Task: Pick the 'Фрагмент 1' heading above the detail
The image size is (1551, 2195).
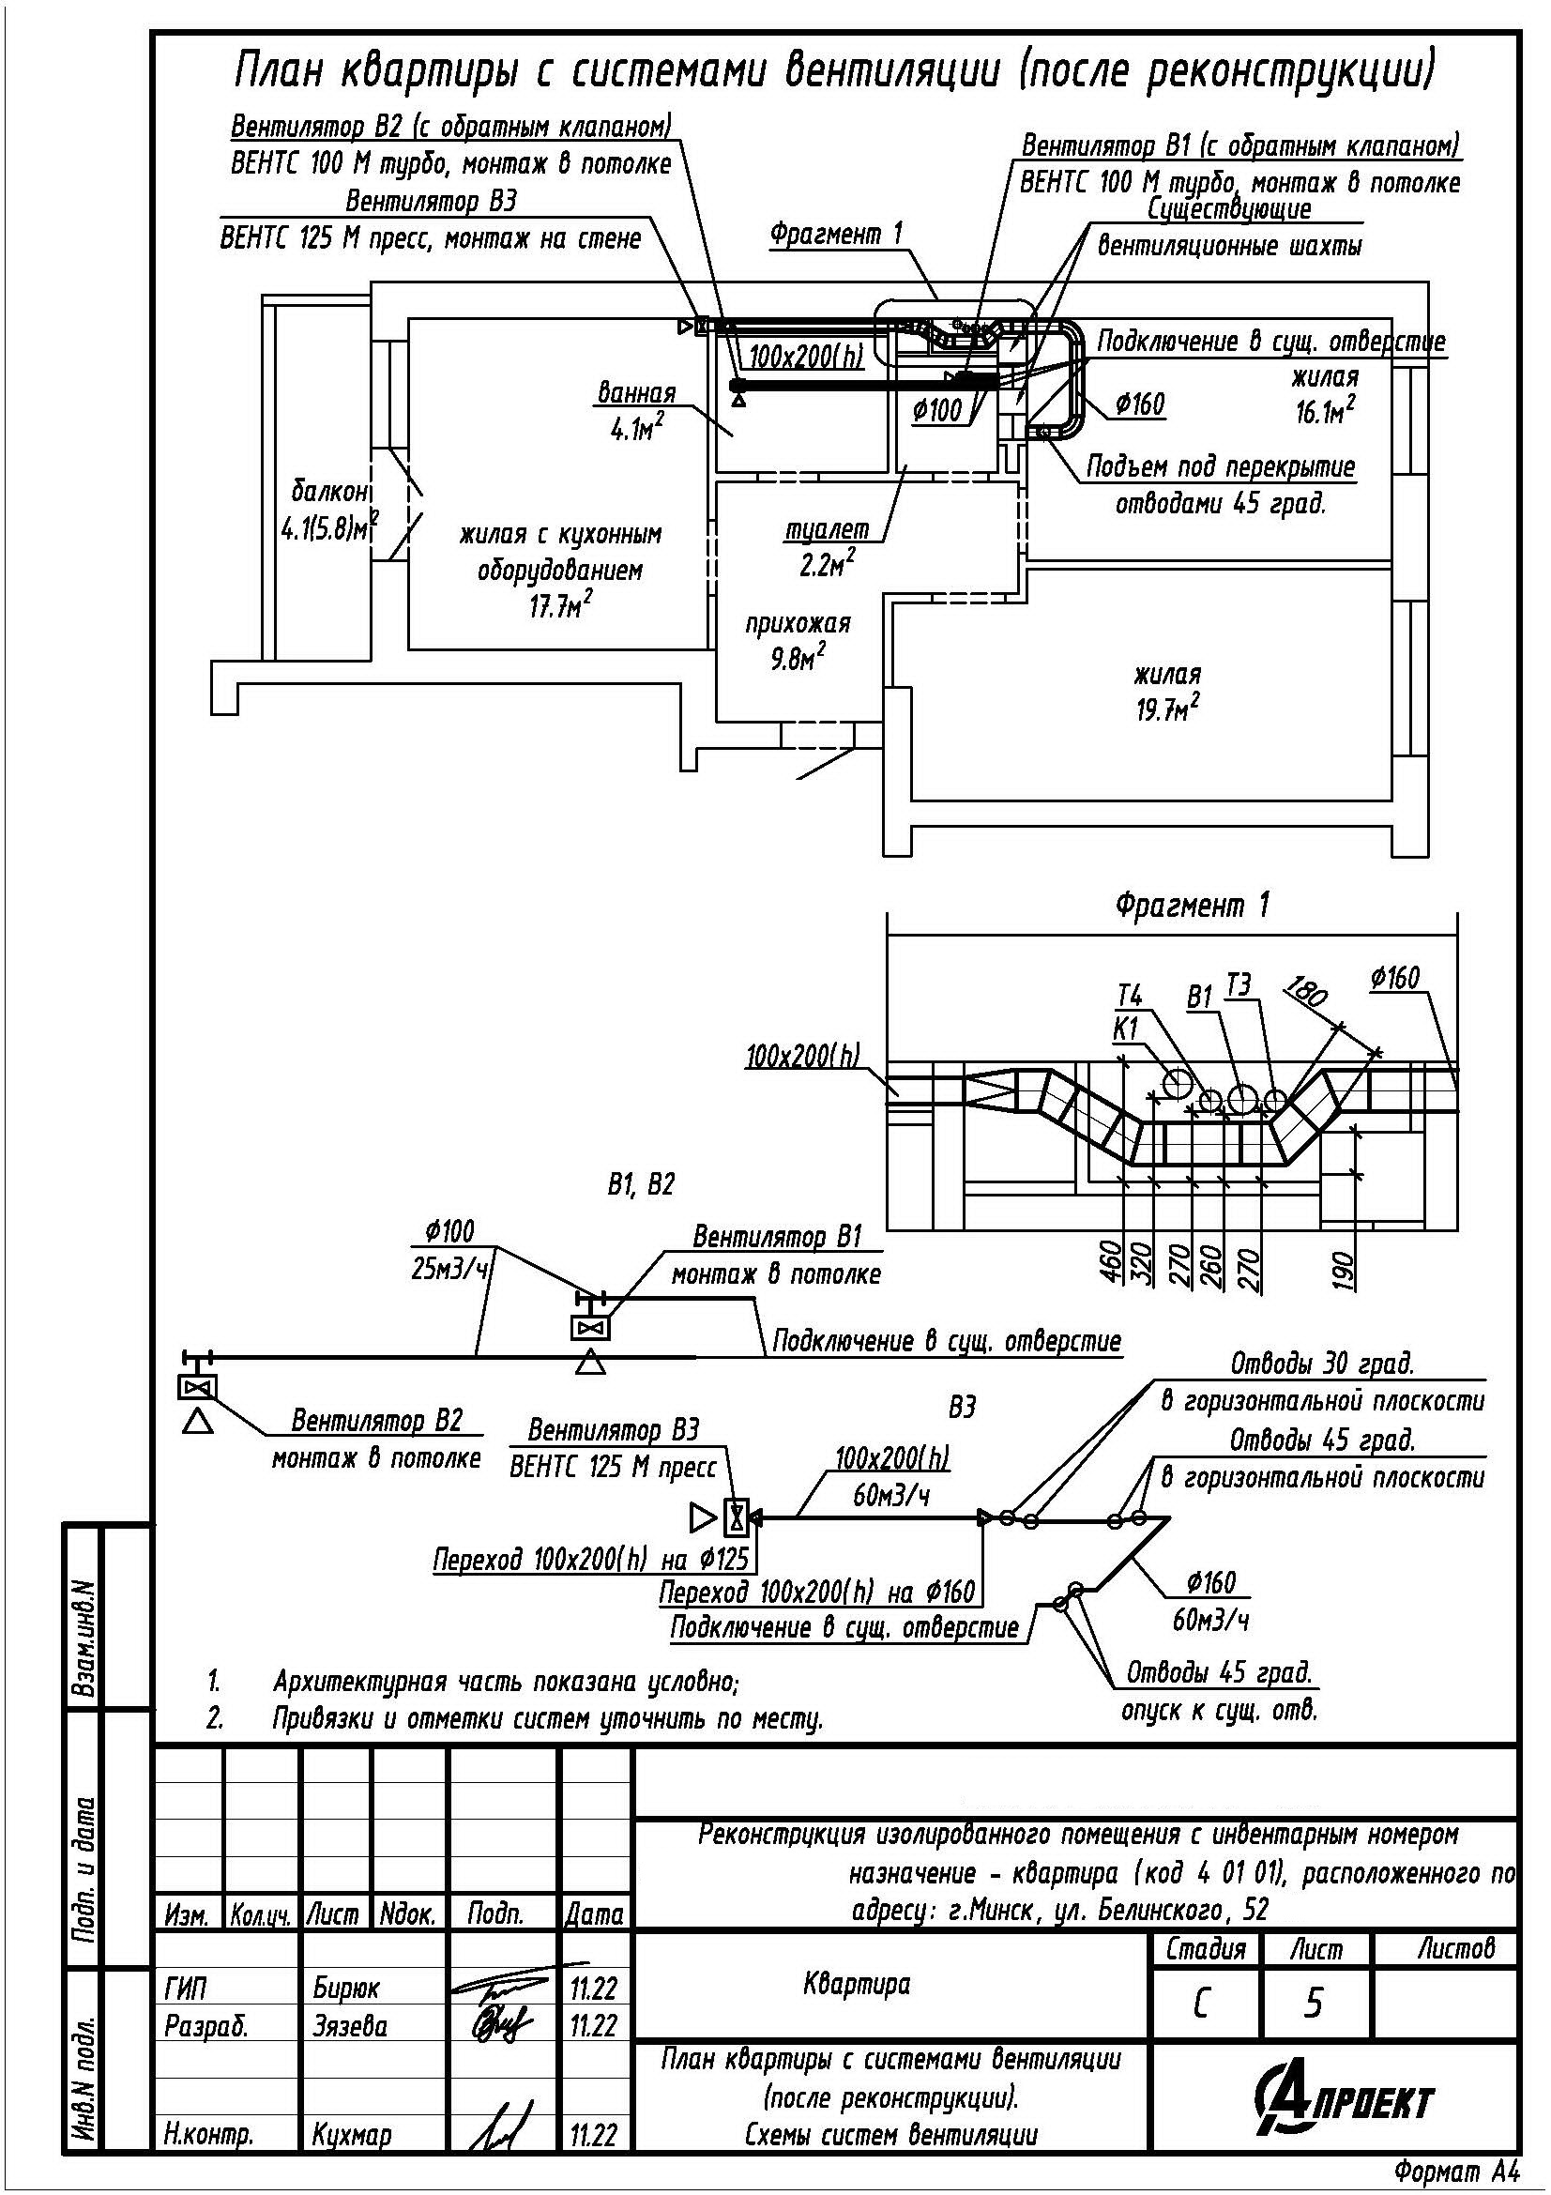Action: (1193, 905)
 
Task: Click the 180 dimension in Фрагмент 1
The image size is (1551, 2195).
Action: (1307, 991)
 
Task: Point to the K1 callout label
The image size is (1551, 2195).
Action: (1127, 1028)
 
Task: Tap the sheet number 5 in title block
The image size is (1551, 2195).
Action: (1314, 2003)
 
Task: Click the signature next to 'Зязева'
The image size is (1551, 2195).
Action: (500, 2025)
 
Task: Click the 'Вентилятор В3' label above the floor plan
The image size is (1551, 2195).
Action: (431, 202)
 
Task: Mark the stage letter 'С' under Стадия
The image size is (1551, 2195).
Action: (1201, 2004)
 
